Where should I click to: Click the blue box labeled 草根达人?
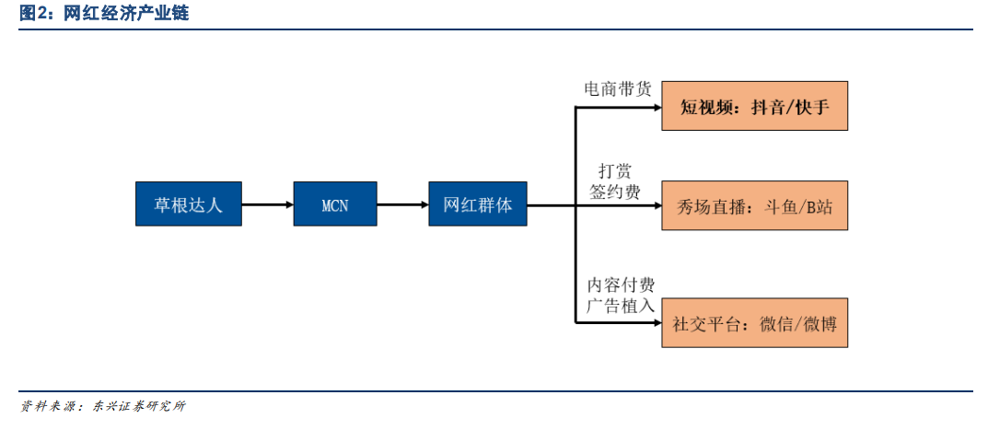point(189,203)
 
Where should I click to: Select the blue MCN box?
point(335,203)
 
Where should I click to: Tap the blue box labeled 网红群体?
point(478,203)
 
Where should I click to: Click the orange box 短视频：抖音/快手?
point(754,106)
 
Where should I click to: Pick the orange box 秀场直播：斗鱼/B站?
point(754,205)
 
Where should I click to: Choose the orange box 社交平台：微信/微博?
point(754,323)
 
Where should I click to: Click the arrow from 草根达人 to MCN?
point(268,204)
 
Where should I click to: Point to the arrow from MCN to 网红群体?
point(403,204)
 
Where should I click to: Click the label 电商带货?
point(616,89)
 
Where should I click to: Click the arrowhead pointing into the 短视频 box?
point(657,107)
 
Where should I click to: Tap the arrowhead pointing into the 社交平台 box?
point(657,323)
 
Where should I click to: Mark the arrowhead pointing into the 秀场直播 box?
point(657,205)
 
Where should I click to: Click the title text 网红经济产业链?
point(126,13)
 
